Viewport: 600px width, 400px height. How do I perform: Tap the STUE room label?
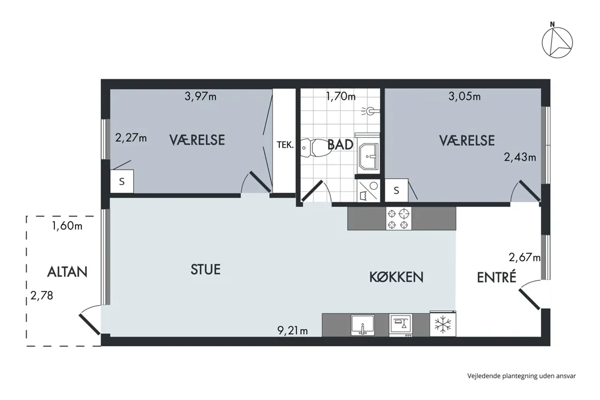pyautogui.click(x=206, y=270)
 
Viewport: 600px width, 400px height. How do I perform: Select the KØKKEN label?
pyautogui.click(x=396, y=277)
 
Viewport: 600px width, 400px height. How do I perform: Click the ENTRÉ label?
pyautogui.click(x=497, y=277)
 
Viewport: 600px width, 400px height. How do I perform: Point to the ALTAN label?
pyautogui.click(x=67, y=272)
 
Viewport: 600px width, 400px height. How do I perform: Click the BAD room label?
pyautogui.click(x=340, y=145)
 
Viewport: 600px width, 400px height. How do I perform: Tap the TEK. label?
pyautogui.click(x=285, y=145)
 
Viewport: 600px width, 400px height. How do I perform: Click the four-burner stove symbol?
pyautogui.click(x=398, y=218)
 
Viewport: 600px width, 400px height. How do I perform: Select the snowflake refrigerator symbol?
pyautogui.click(x=443, y=324)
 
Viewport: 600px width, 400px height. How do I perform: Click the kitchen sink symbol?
pyautogui.click(x=363, y=325)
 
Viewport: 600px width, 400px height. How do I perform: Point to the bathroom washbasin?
pyautogui.click(x=368, y=155)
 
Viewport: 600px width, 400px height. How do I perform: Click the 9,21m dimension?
pyautogui.click(x=293, y=330)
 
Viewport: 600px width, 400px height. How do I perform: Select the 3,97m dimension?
pyautogui.click(x=201, y=96)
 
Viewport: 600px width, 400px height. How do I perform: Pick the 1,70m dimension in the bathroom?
pyautogui.click(x=341, y=96)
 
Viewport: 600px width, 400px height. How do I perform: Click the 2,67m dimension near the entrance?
pyautogui.click(x=525, y=257)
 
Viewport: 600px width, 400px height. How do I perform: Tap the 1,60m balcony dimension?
pyautogui.click(x=67, y=226)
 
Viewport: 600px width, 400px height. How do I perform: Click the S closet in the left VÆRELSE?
pyautogui.click(x=122, y=182)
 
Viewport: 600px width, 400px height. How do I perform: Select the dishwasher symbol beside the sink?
pyautogui.click(x=401, y=325)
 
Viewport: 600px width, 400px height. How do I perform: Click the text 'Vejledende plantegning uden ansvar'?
pyautogui.click(x=521, y=376)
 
